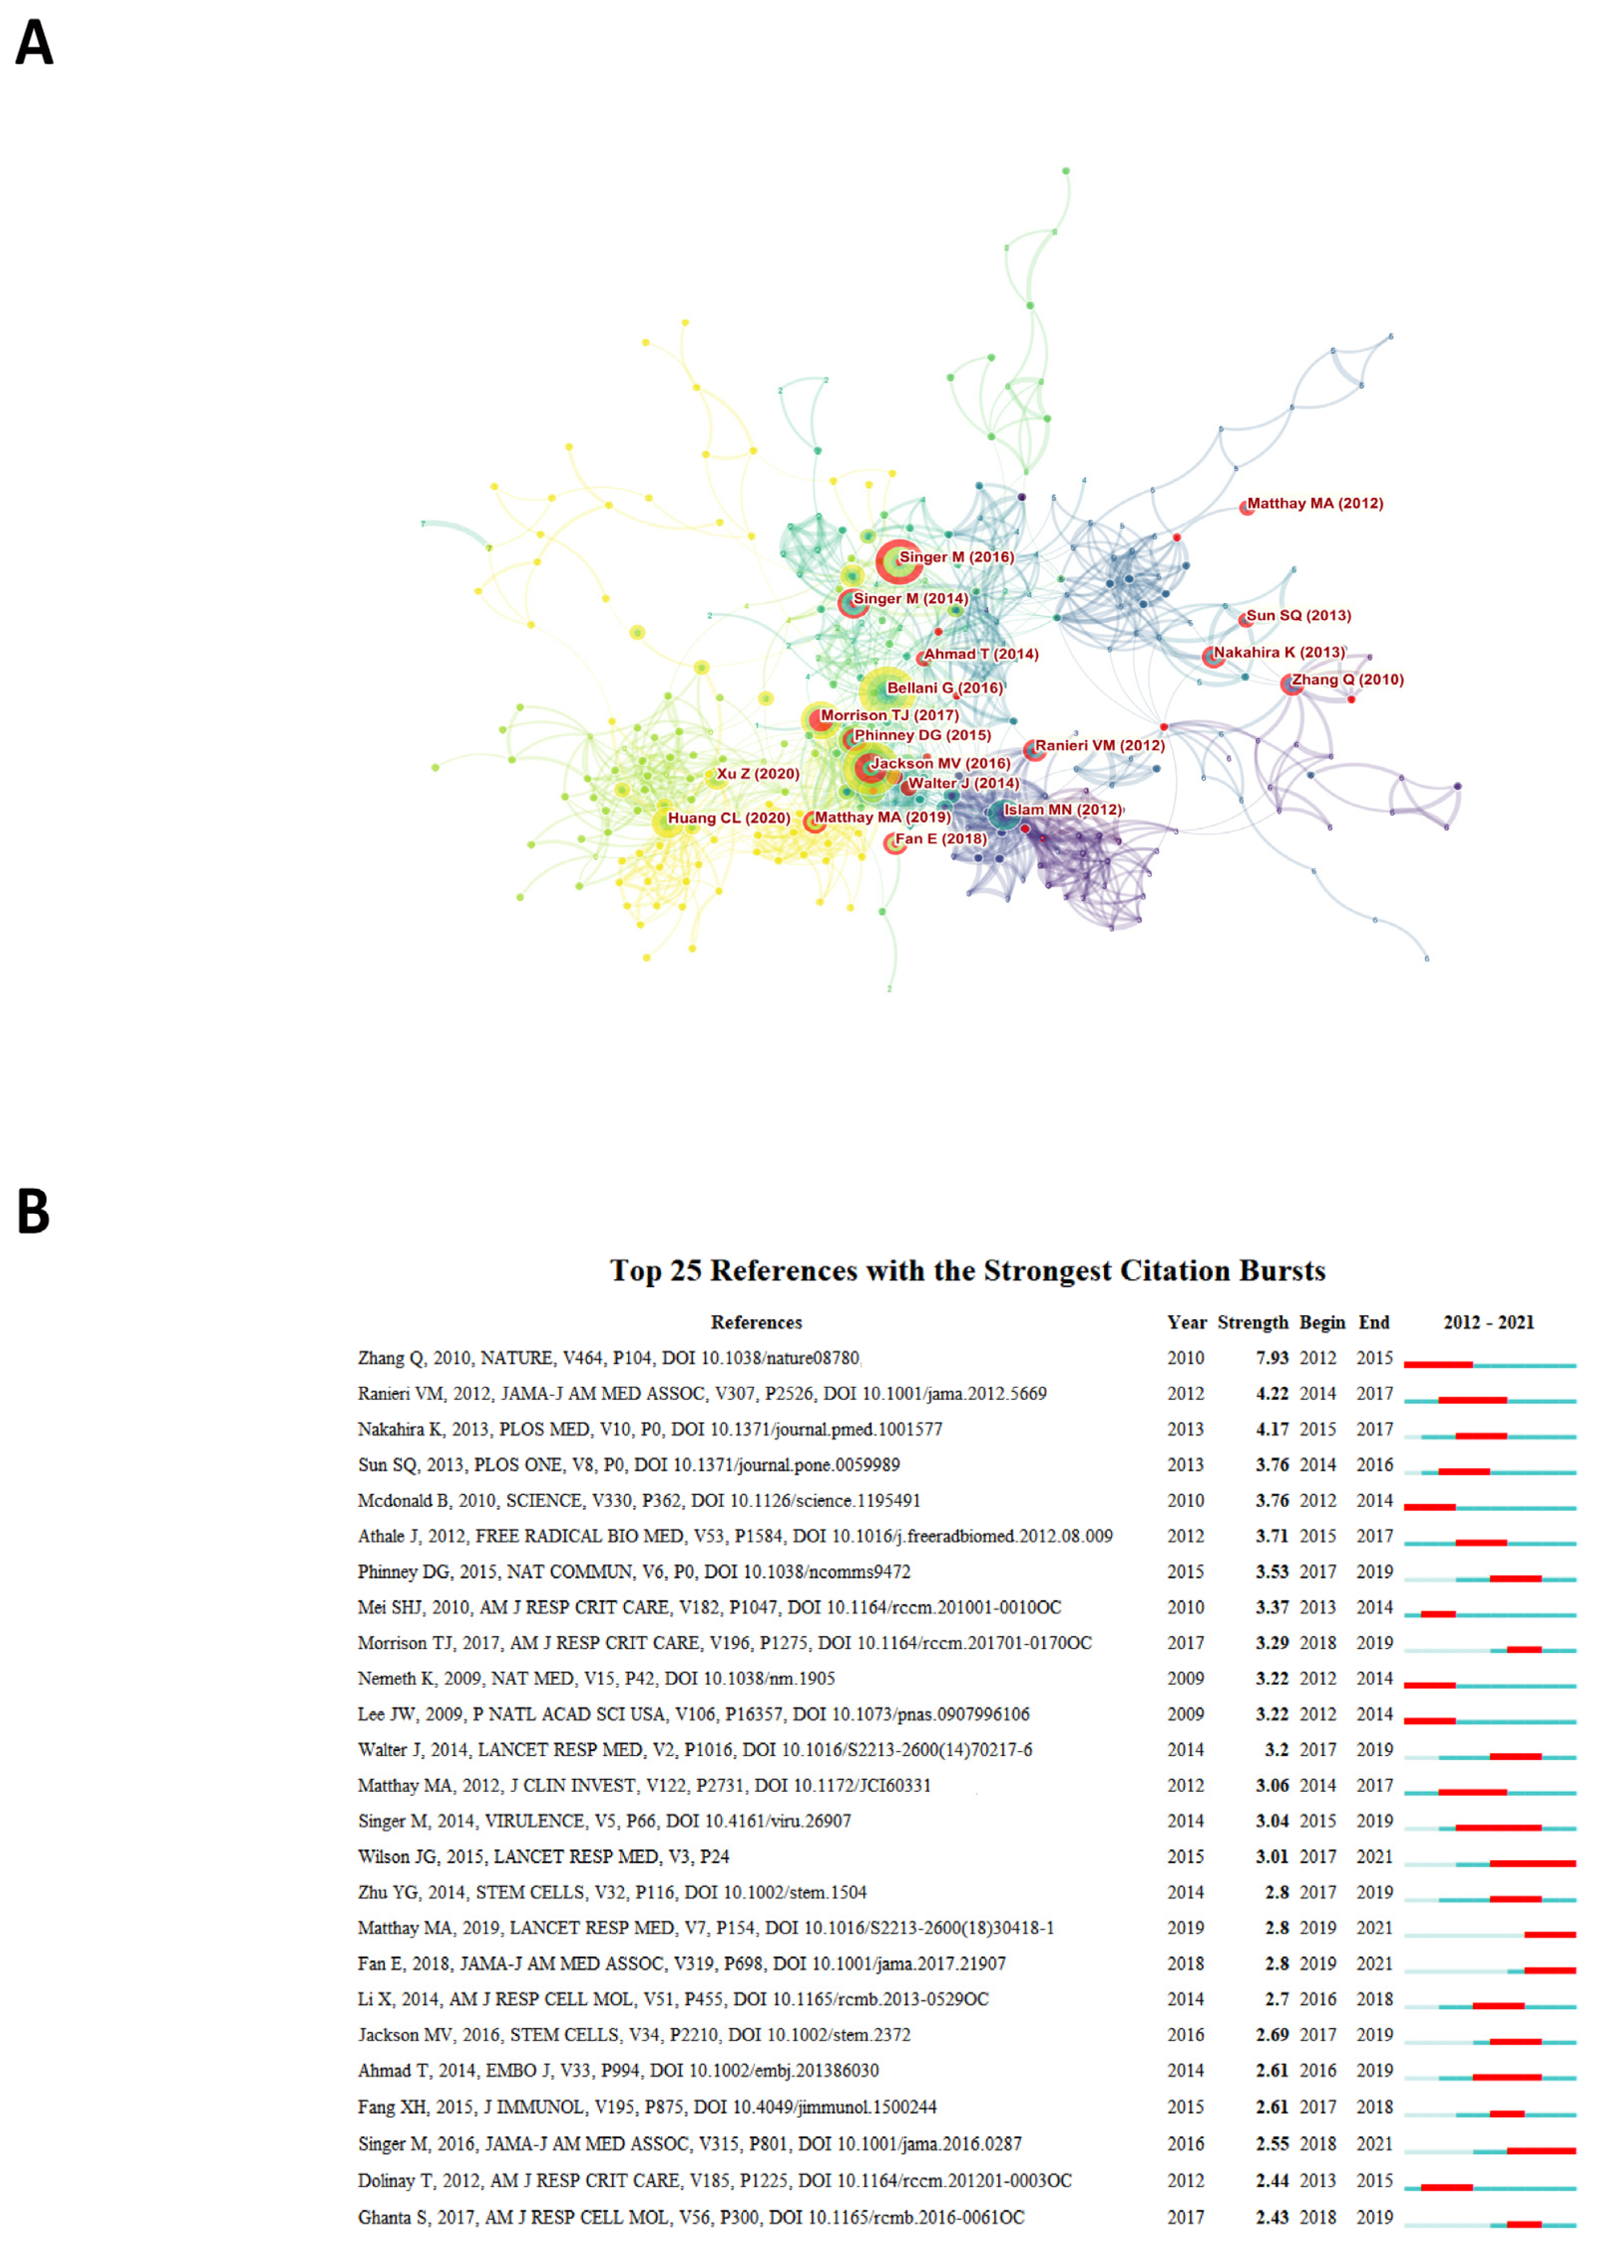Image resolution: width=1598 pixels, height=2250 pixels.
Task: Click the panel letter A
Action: [34, 44]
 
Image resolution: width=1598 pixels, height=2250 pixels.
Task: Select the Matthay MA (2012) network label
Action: [1314, 504]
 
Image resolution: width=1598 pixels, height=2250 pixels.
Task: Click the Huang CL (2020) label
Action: [728, 818]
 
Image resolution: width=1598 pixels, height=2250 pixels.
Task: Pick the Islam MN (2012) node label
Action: [1062, 809]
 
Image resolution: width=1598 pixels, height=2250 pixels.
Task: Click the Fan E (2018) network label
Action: [940, 839]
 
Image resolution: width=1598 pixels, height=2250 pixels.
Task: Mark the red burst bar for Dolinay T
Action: [1446, 2188]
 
